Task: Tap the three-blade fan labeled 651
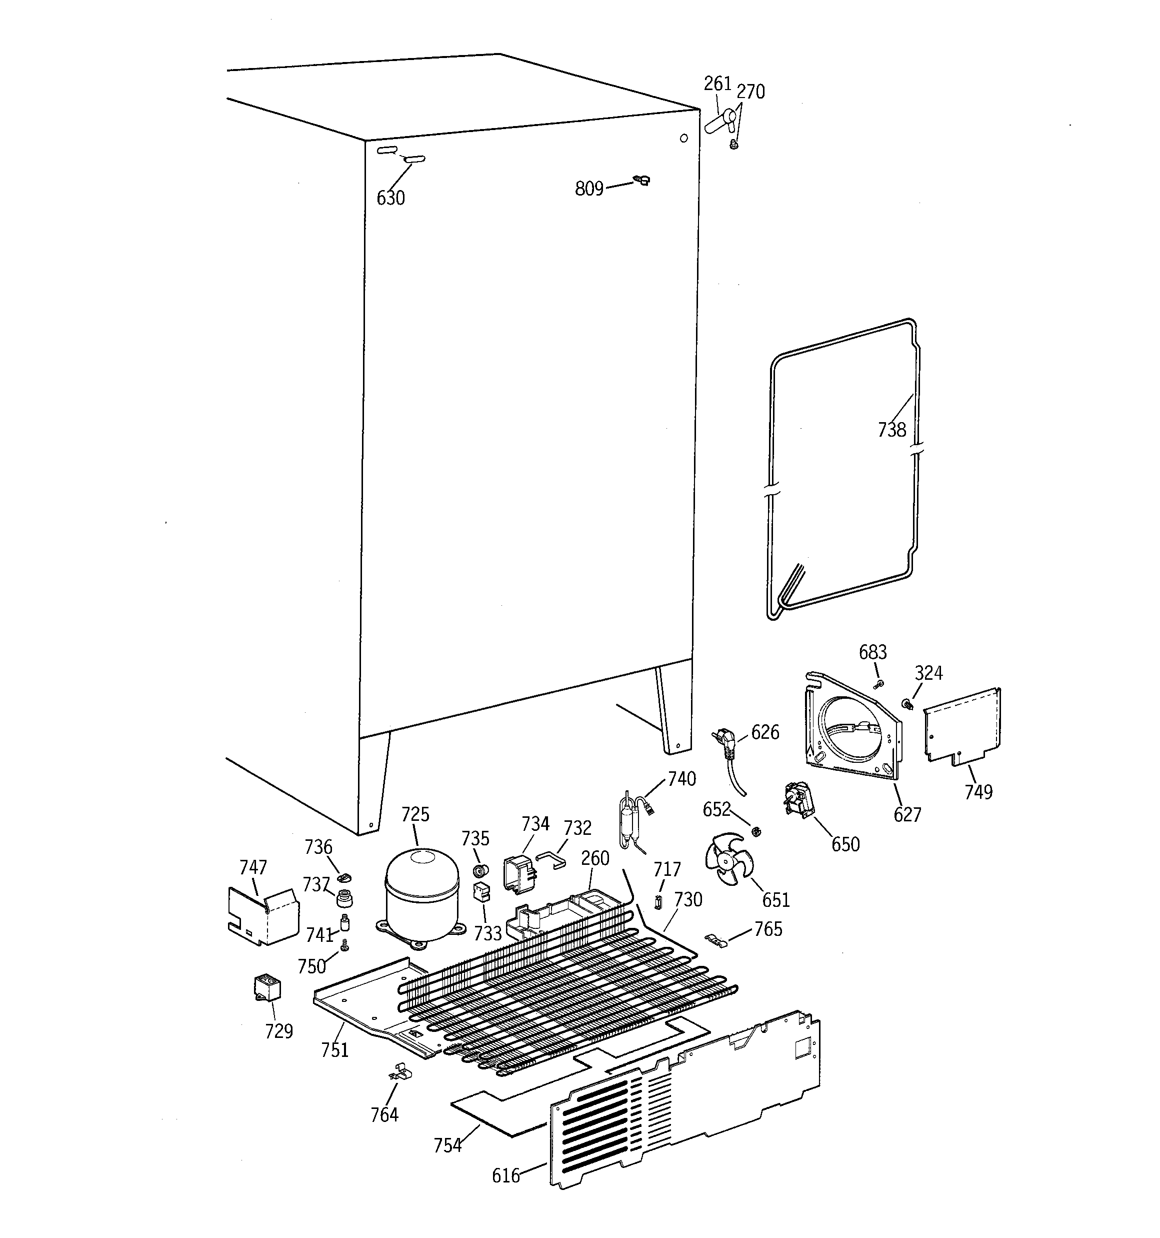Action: pos(729,860)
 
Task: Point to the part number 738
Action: pos(891,430)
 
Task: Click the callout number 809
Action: pos(589,188)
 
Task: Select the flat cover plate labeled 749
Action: pos(962,725)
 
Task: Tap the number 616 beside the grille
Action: pos(505,1176)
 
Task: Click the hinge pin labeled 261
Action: pos(719,122)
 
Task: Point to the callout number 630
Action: pos(390,198)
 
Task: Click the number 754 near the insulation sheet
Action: pos(447,1145)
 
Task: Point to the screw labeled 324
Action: pos(907,704)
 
